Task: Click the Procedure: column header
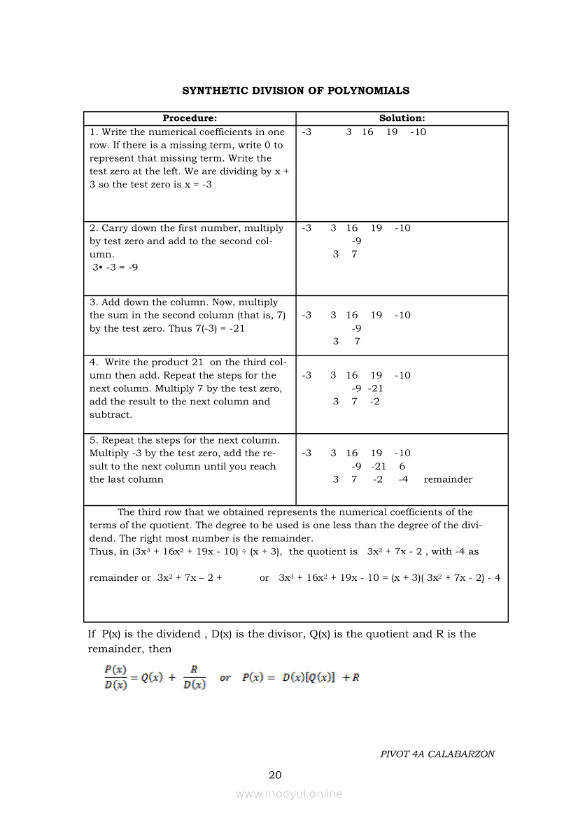[190, 118]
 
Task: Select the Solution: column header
[402, 118]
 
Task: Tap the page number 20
[275, 775]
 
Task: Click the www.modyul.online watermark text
[289, 794]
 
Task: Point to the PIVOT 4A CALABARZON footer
[437, 754]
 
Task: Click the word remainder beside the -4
[448, 479]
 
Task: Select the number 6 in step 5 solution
[402, 466]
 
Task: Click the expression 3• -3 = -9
[115, 267]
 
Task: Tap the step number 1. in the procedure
[94, 132]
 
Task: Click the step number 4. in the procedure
[94, 362]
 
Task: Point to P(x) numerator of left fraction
[115, 670]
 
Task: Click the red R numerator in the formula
[194, 670]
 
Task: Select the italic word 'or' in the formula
[225, 677]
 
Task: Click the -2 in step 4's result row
[374, 402]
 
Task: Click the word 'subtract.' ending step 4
[111, 414]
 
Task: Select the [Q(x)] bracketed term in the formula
[318, 677]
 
